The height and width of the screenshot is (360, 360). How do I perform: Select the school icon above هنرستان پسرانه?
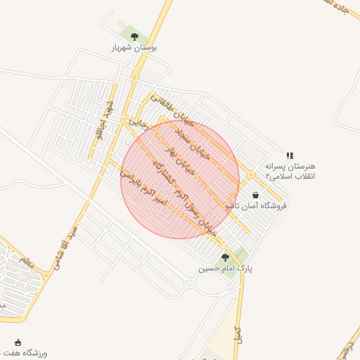[x=290, y=155]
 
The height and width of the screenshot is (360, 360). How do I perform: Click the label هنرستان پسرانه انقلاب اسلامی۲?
[x=290, y=171]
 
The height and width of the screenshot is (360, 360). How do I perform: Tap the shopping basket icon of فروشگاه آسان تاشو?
[x=255, y=195]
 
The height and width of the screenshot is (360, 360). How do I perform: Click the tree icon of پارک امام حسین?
[x=225, y=257]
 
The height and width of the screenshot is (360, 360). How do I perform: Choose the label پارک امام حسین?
[x=225, y=268]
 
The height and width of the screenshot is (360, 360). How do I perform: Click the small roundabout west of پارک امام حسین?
[x=188, y=283]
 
